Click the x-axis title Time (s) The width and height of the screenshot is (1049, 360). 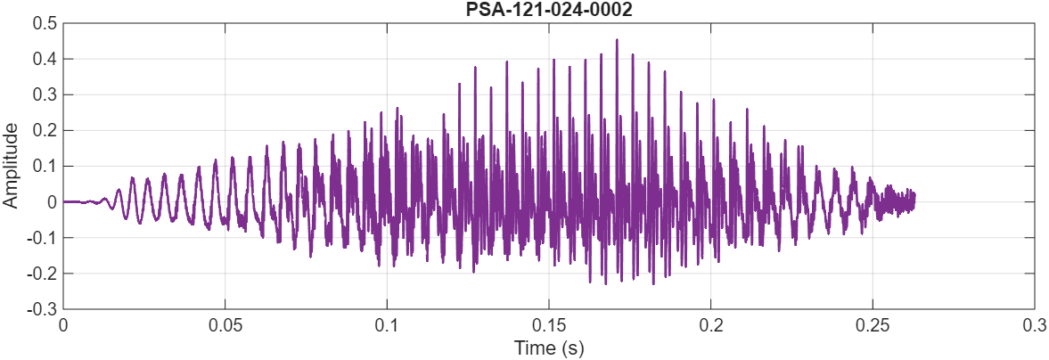pos(548,348)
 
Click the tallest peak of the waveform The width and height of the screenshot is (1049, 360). pos(616,40)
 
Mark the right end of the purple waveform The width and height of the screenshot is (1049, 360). pos(914,198)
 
